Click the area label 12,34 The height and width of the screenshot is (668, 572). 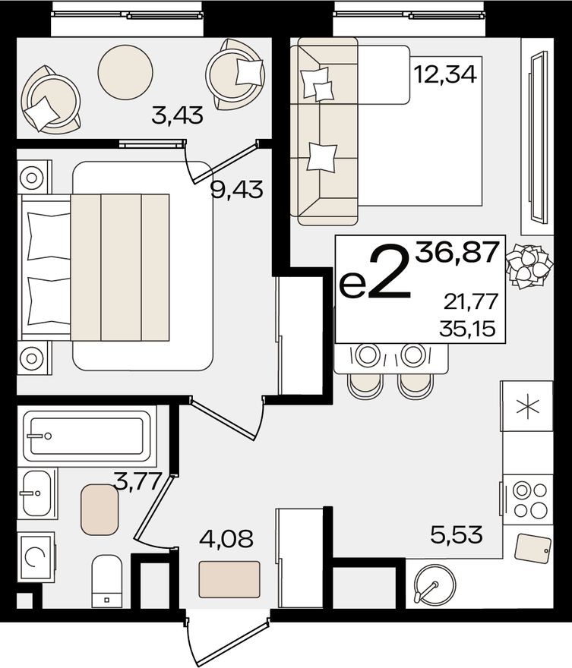tap(445, 75)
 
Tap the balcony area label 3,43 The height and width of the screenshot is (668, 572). tap(177, 116)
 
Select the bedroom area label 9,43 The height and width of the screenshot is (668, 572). tap(237, 189)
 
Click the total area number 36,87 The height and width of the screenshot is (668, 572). tap(457, 251)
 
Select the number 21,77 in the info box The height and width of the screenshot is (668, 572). tap(471, 302)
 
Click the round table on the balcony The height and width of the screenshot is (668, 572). tap(125, 72)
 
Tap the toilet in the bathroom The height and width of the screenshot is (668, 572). tap(106, 581)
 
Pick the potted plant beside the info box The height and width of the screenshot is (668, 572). tap(529, 266)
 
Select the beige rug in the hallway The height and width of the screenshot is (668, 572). tap(229, 579)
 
